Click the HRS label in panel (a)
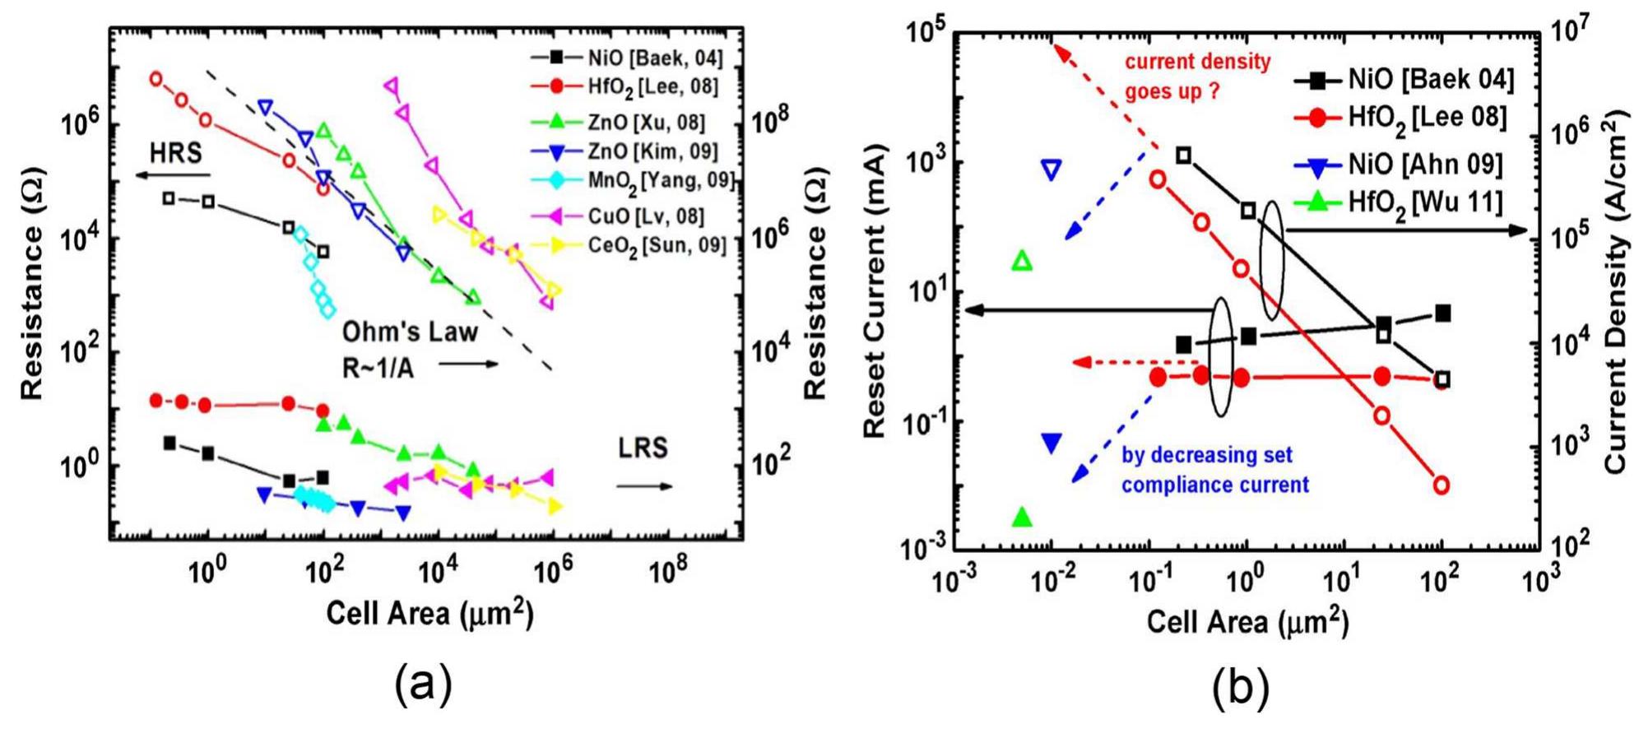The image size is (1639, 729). point(175,153)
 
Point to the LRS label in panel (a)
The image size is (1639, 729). point(643,448)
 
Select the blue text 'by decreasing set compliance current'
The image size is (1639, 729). point(1214,470)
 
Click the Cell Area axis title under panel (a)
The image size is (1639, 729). point(429,614)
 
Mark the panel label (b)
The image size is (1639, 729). point(1240,688)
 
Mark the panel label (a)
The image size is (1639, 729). point(423,685)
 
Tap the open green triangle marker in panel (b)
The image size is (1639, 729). point(1022,261)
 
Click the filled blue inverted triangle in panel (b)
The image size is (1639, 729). point(1052,443)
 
